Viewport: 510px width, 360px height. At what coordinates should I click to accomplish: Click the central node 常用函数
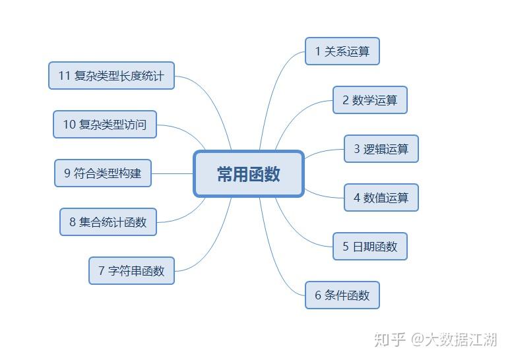pos(249,174)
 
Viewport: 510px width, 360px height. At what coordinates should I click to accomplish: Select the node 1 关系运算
pos(342,51)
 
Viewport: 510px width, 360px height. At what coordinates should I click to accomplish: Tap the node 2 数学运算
pos(369,100)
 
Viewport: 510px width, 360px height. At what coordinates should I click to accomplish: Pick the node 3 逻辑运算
pos(381,149)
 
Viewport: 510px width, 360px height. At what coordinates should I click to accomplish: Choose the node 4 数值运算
pos(381,198)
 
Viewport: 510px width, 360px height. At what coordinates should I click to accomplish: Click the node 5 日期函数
pos(369,247)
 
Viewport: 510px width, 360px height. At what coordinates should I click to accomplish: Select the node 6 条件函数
pos(342,295)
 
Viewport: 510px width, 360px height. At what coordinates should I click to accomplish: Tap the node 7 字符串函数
pos(131,270)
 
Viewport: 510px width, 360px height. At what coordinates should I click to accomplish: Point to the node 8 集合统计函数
pos(108,222)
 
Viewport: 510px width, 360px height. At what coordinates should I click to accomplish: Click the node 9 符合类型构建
pos(102,173)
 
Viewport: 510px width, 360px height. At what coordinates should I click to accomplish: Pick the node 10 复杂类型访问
pos(104,125)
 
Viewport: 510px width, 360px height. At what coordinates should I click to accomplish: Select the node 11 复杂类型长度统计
pos(111,76)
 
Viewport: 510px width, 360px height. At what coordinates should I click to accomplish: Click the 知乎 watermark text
pos(389,340)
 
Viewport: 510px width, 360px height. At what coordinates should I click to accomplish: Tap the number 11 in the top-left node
pos(64,76)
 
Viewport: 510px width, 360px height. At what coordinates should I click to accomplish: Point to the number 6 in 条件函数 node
pos(318,295)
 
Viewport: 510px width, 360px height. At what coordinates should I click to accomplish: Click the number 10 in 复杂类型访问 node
pos(69,125)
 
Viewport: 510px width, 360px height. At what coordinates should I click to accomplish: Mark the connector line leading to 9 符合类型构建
pos(172,174)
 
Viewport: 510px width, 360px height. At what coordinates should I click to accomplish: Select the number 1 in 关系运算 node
pos(317,51)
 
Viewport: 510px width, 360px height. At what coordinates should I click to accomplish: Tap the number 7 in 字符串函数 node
pos(102,270)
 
